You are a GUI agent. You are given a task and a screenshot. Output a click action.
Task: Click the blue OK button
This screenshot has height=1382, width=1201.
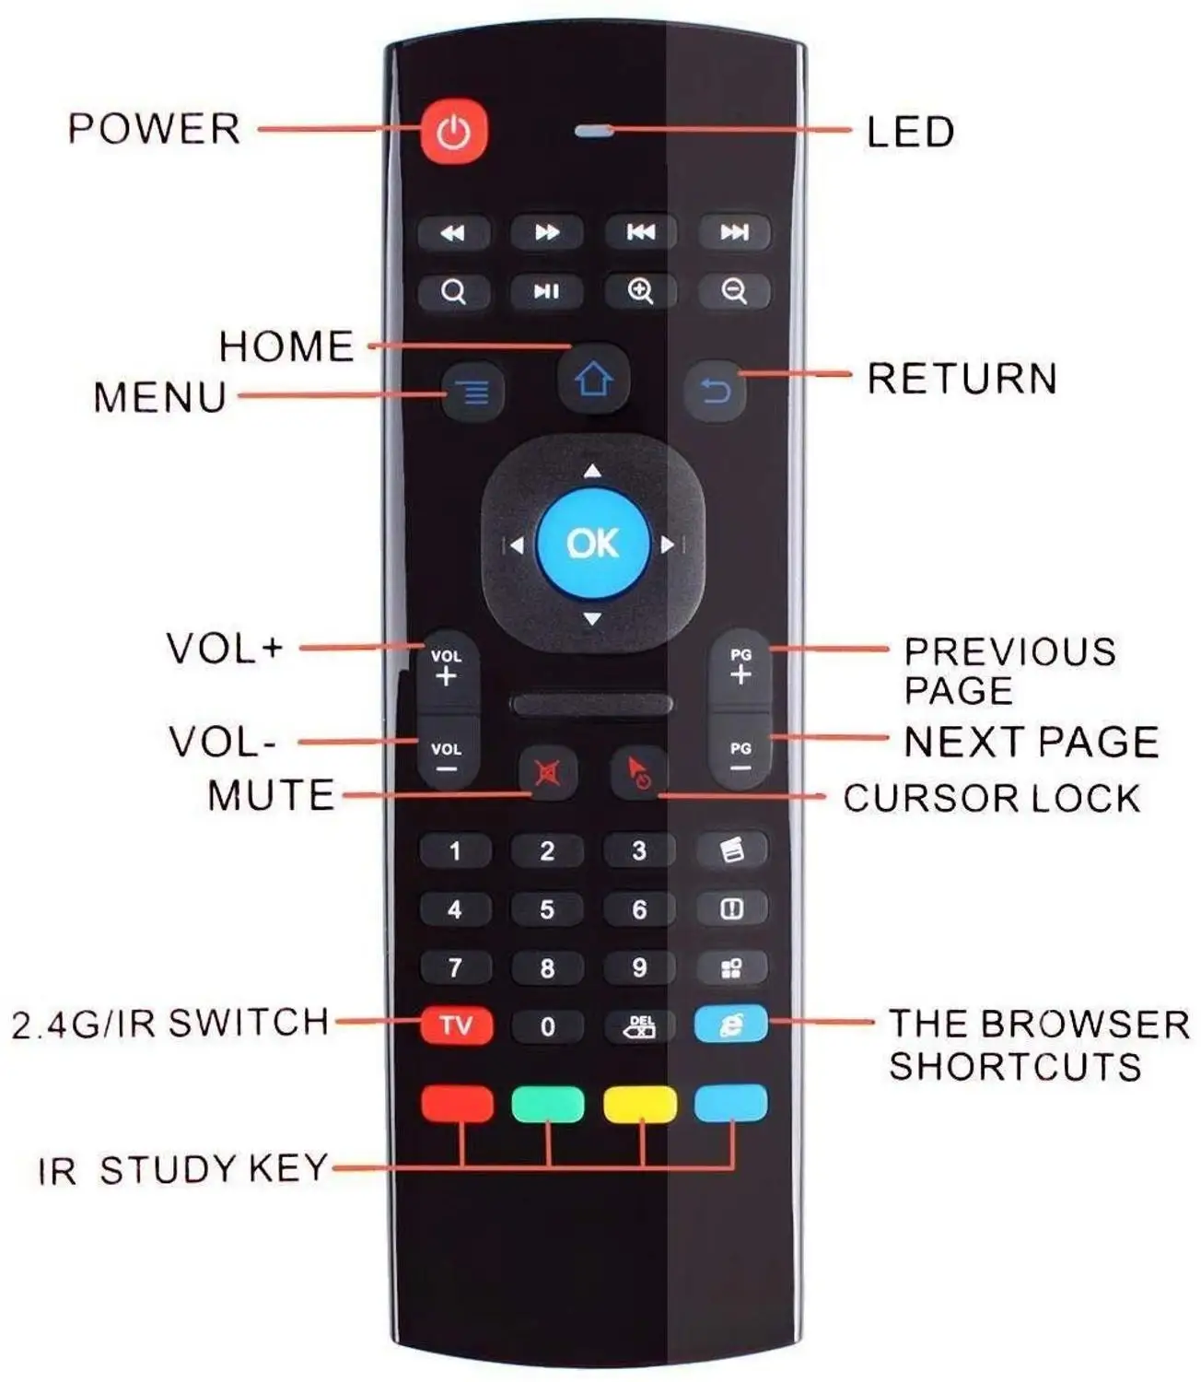pos(593,544)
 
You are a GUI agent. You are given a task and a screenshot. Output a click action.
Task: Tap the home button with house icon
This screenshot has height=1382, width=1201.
pos(593,379)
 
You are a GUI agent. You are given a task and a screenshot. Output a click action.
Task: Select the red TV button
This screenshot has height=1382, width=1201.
pos(456,1025)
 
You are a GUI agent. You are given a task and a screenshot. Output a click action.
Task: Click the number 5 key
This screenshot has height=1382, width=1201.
pos(547,909)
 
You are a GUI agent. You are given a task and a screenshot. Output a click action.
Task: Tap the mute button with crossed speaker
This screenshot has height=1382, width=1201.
pos(548,772)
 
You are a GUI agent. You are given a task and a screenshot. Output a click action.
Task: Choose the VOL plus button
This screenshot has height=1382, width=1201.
pos(447,668)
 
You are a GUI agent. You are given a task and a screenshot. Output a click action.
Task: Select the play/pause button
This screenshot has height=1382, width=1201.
pos(547,291)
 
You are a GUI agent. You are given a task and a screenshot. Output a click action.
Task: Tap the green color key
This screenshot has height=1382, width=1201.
pos(547,1103)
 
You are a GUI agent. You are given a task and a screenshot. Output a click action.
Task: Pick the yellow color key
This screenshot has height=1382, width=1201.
pos(640,1103)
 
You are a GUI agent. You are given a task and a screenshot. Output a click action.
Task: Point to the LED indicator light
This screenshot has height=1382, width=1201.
pos(594,131)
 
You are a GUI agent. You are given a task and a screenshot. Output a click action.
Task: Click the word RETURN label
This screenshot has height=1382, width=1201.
pos(962,379)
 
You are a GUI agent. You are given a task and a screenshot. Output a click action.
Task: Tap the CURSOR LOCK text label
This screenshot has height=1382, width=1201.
pos(991,798)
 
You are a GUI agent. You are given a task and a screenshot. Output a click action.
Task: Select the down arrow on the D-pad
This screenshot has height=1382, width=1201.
pos(593,619)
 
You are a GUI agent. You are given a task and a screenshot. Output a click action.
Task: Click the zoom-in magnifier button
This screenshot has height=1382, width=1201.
pos(640,291)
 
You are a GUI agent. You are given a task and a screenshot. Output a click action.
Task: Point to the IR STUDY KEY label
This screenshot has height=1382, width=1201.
pos(182,1169)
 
